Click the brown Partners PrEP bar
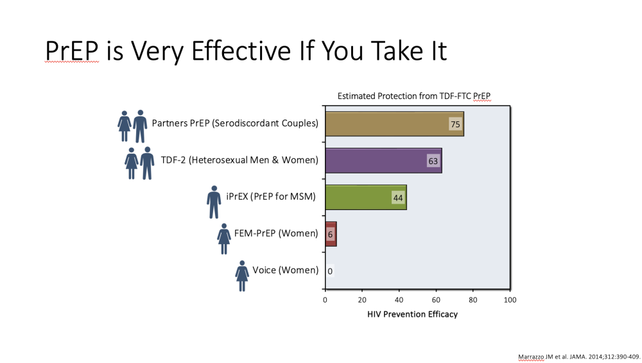tap(395, 124)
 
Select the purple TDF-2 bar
tap(384, 161)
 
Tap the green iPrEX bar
tap(366, 197)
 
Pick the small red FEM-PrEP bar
tap(331, 234)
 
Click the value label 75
tap(455, 124)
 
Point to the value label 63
tap(433, 161)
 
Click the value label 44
tap(398, 198)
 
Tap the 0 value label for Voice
tap(330, 271)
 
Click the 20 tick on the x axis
tap(362, 300)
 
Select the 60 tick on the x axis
tap(436, 300)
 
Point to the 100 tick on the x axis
tap(510, 300)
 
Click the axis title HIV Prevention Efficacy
tap(412, 314)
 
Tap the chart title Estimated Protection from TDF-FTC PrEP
tap(414, 96)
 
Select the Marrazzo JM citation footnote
tap(579, 357)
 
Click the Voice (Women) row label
tap(286, 270)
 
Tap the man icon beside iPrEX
tap(214, 202)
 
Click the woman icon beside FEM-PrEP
tap(224, 239)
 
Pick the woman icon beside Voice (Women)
tap(242, 276)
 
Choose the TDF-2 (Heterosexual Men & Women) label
tap(239, 160)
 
